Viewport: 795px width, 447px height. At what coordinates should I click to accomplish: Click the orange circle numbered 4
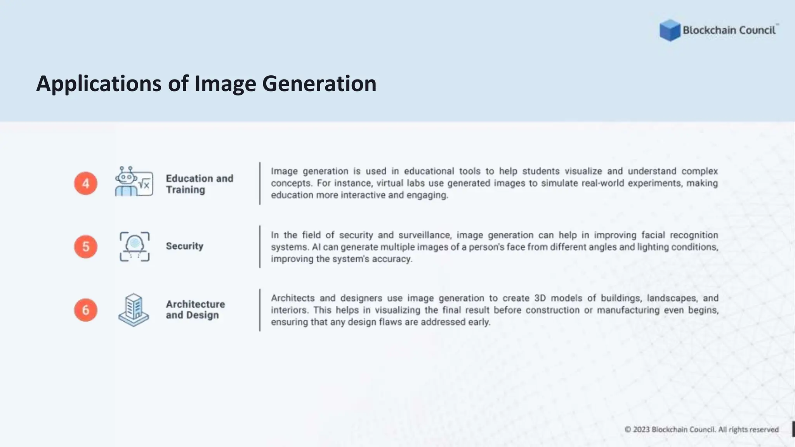[86, 184]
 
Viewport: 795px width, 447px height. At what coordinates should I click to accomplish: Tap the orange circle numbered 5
[86, 247]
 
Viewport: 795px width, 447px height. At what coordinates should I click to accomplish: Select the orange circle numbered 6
[86, 310]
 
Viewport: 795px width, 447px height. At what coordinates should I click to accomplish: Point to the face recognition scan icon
[134, 246]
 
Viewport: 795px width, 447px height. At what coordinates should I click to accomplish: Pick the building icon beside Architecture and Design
[134, 310]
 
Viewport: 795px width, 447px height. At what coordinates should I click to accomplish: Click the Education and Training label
[200, 184]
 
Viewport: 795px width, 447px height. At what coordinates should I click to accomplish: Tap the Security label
[184, 246]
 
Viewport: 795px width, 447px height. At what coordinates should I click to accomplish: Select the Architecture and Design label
[195, 310]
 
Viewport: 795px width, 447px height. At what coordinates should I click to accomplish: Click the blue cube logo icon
[670, 30]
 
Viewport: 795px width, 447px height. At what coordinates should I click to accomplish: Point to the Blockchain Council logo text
[729, 30]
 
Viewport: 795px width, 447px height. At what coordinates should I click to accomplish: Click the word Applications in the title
[99, 84]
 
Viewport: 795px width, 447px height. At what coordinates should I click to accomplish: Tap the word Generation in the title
[319, 84]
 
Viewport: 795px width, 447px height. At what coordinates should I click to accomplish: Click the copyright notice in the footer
[701, 430]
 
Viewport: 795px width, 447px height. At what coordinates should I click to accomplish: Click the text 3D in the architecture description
[540, 298]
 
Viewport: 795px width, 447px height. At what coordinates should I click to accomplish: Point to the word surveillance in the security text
[424, 235]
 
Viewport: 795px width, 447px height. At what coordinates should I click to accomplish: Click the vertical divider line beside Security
[260, 247]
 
